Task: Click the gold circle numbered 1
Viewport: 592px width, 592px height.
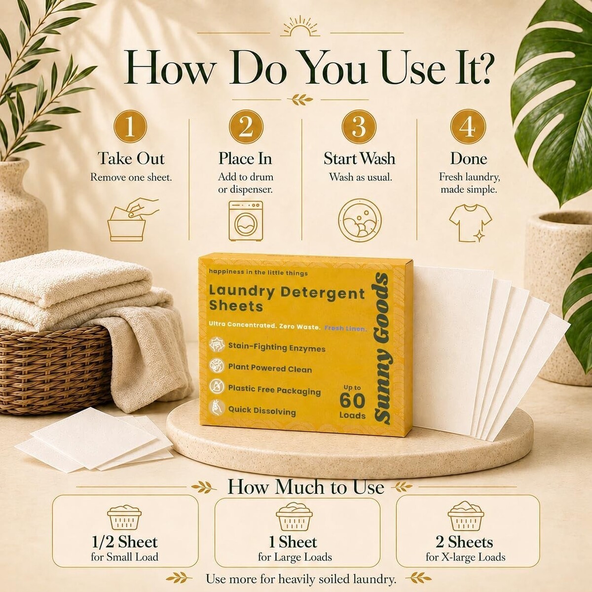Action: pyautogui.click(x=130, y=126)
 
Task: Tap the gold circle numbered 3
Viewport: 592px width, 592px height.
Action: pyautogui.click(x=359, y=126)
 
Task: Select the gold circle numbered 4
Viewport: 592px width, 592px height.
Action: pyautogui.click(x=468, y=126)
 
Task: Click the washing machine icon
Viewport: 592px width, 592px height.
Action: pyautogui.click(x=246, y=221)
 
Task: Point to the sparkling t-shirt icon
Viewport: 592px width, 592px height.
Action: pyautogui.click(x=470, y=223)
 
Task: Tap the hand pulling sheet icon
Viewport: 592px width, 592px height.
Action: pyautogui.click(x=133, y=220)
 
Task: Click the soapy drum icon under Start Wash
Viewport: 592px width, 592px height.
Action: pyautogui.click(x=360, y=220)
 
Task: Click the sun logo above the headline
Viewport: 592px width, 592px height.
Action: pyautogui.click(x=300, y=29)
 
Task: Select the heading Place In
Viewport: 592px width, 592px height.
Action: pyautogui.click(x=245, y=158)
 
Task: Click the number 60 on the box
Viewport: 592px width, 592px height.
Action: pyautogui.click(x=352, y=401)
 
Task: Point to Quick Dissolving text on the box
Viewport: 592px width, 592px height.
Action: pyautogui.click(x=262, y=410)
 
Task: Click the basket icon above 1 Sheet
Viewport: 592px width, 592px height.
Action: pyautogui.click(x=294, y=516)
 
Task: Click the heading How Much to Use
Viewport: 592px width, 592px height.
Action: pyautogui.click(x=306, y=487)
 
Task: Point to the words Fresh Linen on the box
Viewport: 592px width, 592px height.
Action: pyautogui.click(x=346, y=329)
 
